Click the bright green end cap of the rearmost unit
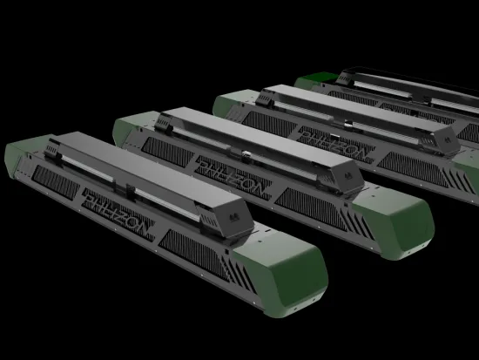pos(313,81)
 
